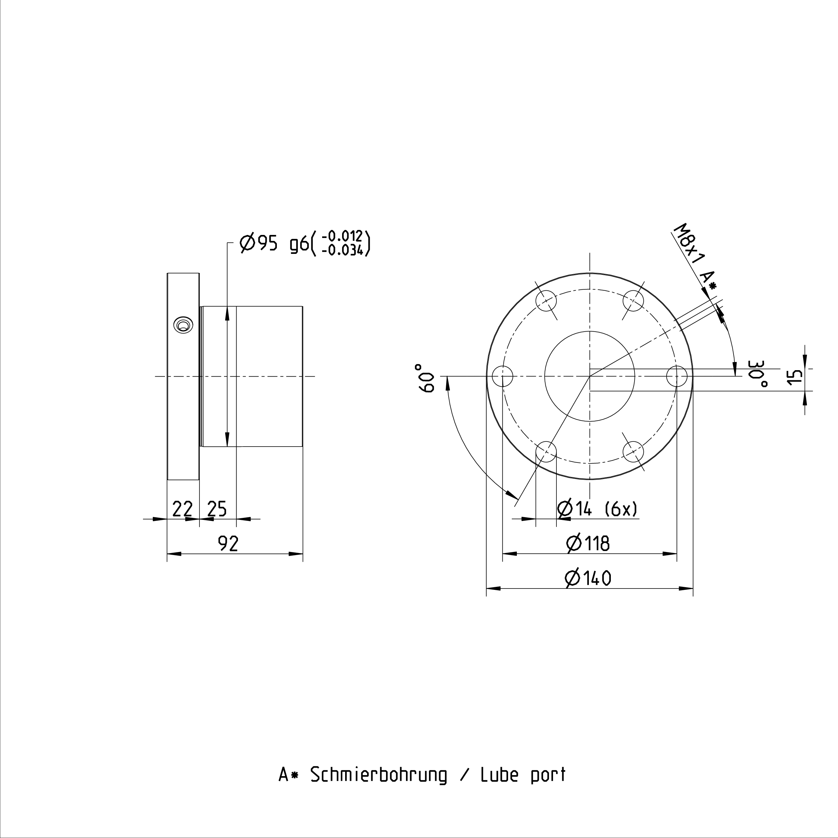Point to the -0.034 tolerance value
[342, 250]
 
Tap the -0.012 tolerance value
[342, 236]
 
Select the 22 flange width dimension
[182, 509]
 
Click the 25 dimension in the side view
[217, 509]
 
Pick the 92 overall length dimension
[228, 544]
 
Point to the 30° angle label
[758, 374]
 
